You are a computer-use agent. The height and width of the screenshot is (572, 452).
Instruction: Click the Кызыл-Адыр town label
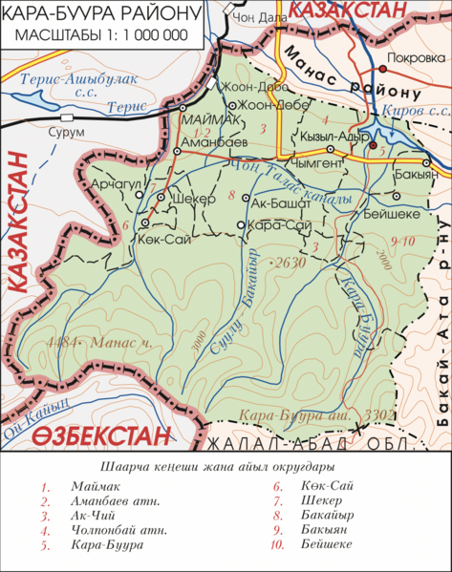click(343, 135)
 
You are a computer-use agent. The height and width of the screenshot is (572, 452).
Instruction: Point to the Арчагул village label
click(114, 183)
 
